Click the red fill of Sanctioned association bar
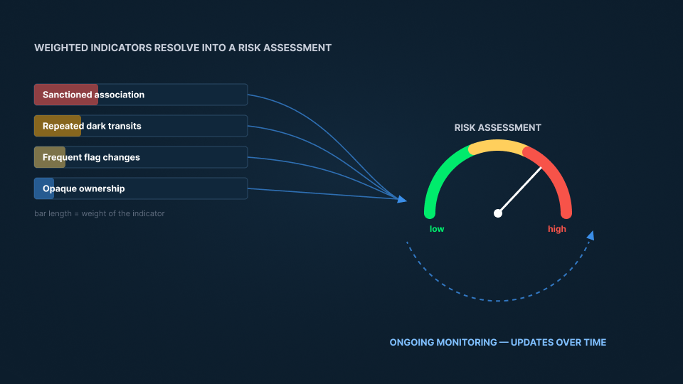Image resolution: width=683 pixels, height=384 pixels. click(66, 95)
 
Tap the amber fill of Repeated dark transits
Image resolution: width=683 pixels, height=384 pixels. click(58, 126)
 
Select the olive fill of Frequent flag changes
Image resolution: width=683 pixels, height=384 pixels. click(50, 157)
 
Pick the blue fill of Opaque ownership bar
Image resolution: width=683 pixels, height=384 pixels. click(44, 188)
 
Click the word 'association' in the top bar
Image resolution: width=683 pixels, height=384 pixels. click(120, 95)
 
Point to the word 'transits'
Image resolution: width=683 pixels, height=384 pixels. click(125, 126)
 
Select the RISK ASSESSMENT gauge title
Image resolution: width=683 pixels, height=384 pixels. click(497, 127)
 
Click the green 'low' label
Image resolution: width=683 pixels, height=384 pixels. click(437, 229)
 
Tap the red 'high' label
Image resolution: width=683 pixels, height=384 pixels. click(556, 229)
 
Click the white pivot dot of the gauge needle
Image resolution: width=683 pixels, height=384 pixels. click(498, 213)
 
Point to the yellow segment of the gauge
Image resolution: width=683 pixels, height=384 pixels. click(497, 145)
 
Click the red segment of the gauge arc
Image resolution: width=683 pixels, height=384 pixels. click(556, 174)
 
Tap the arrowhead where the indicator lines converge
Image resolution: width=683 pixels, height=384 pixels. click(401, 199)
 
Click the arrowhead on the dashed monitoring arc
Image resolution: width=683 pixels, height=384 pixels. click(591, 235)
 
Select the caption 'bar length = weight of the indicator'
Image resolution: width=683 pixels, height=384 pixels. click(100, 213)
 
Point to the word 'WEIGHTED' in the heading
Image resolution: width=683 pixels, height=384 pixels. click(61, 48)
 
